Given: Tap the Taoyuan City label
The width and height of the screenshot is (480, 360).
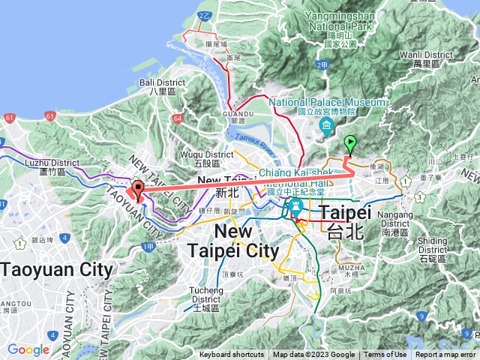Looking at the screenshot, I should click(56, 269).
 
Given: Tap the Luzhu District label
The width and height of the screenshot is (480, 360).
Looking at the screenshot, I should click(52, 162).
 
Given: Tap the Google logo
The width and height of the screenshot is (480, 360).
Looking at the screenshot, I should click(28, 349).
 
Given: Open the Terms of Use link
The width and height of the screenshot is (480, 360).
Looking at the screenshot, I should click(385, 355).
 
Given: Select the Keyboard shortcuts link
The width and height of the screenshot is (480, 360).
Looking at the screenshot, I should click(231, 355).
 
